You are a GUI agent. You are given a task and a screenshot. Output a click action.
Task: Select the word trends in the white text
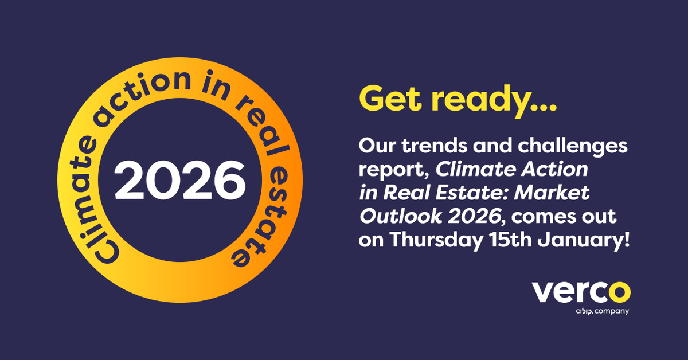click(x=436, y=146)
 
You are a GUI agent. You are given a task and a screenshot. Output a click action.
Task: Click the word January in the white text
click(x=584, y=240)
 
